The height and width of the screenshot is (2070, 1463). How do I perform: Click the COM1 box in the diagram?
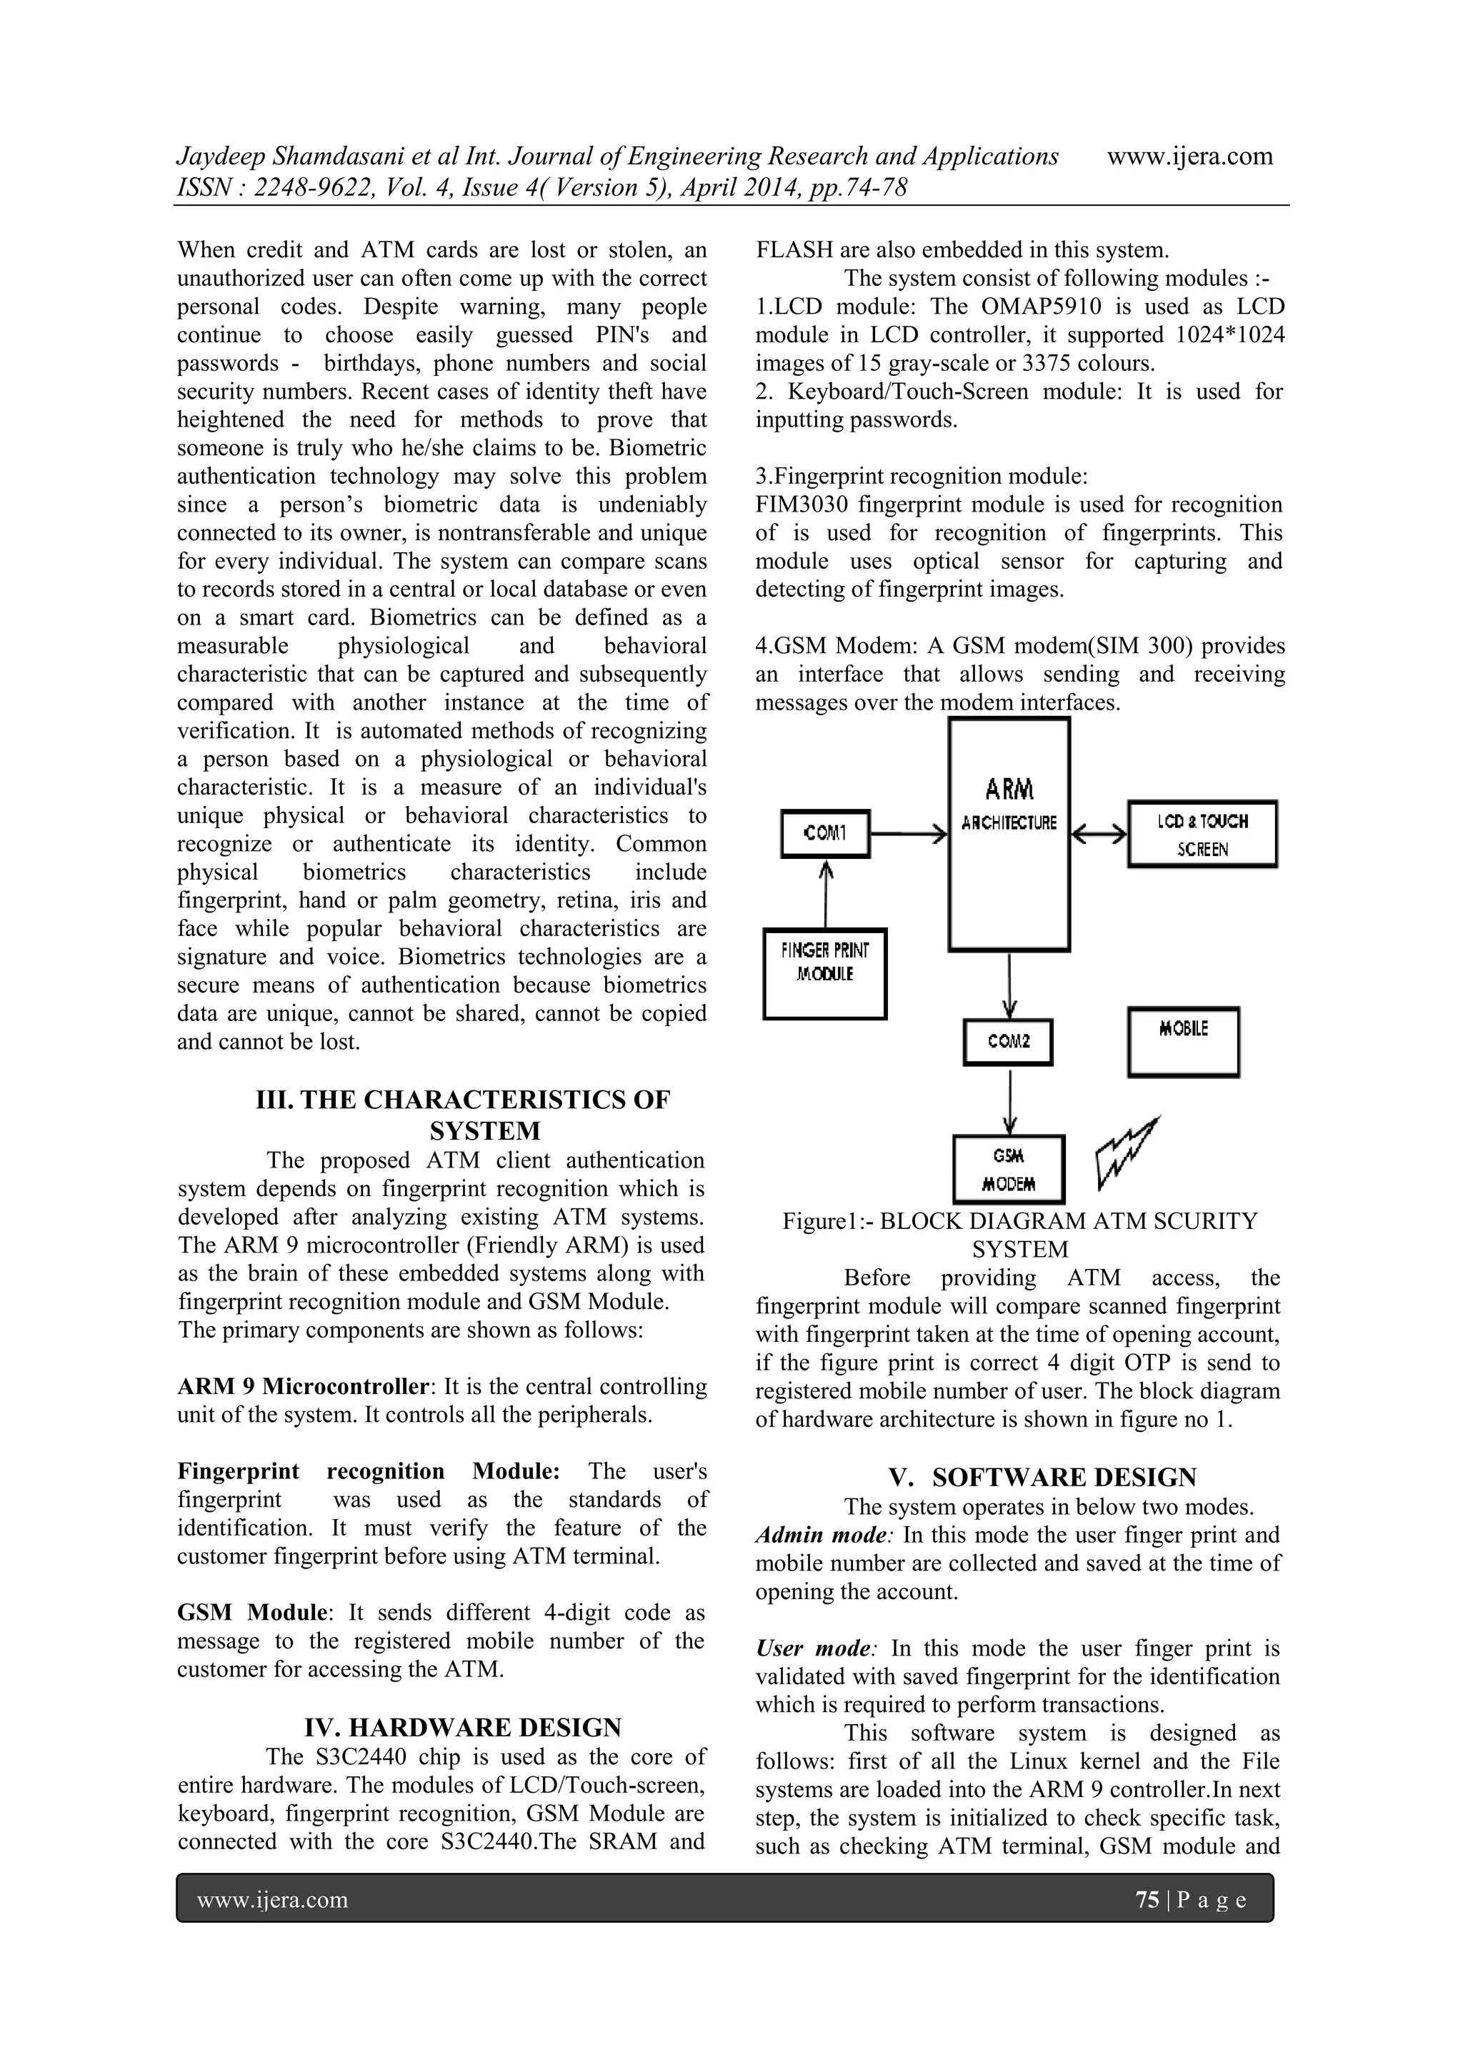coord(825,833)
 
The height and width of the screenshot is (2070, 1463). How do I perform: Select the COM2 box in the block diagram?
coord(1008,1041)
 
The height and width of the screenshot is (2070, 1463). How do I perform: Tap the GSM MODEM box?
coord(1009,1170)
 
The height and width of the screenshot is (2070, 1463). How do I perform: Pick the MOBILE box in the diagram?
coord(1183,1041)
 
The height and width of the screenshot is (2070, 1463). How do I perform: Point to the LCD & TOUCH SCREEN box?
coord(1202,834)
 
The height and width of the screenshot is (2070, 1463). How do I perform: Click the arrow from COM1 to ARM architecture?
coord(909,835)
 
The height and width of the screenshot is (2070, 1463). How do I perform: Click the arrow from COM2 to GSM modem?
coord(1009,1100)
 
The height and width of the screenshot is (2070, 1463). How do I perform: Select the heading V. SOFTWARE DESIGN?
coord(1042,1477)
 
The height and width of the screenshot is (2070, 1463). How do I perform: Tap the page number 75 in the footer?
coord(1147,1901)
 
